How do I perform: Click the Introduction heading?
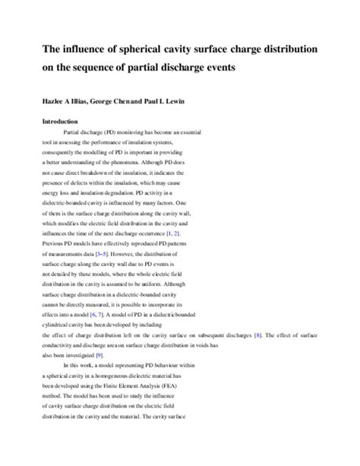63,120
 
